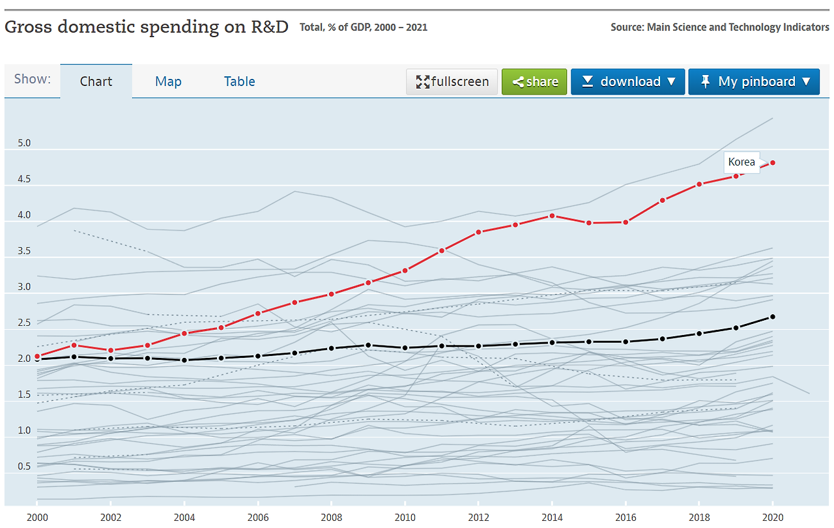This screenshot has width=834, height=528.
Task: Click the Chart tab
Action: [96, 81]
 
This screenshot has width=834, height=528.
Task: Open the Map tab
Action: [168, 81]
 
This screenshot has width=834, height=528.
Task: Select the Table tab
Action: [239, 81]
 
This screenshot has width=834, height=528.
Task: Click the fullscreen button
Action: [452, 81]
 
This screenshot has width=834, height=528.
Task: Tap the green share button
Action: [534, 81]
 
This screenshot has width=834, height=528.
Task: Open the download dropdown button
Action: [628, 81]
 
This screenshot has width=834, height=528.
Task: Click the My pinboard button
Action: [754, 81]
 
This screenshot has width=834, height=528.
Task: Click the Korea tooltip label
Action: [741, 162]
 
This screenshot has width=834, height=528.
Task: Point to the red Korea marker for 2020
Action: [773, 162]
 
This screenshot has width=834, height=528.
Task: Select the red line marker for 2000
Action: [37, 357]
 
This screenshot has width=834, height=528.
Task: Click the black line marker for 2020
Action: [773, 317]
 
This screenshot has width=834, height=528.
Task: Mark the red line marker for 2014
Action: [552, 216]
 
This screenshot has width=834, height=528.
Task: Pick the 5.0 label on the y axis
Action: [24, 143]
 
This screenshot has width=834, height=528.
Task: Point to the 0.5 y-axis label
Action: [24, 466]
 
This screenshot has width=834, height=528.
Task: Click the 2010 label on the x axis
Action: [405, 517]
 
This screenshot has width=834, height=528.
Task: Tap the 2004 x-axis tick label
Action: [184, 517]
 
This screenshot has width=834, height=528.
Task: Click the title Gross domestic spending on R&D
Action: [147, 27]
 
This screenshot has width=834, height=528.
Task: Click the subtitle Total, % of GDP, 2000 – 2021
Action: [364, 27]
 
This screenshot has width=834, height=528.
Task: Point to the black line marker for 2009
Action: [368, 345]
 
